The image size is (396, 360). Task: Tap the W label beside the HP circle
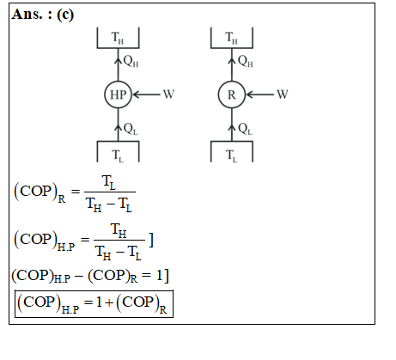pyautogui.click(x=168, y=95)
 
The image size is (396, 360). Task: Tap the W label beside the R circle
pyautogui.click(x=283, y=95)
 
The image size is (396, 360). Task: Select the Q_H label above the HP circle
pyautogui.click(x=131, y=61)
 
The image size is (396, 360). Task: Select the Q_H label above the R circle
pyautogui.click(x=246, y=61)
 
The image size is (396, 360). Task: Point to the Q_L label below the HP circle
pyautogui.click(x=131, y=129)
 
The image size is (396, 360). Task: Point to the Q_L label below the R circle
pyautogui.click(x=246, y=129)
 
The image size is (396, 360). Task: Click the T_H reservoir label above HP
pyautogui.click(x=118, y=38)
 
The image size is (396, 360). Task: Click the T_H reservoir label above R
pyautogui.click(x=231, y=38)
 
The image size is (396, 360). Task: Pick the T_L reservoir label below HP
pyautogui.click(x=118, y=156)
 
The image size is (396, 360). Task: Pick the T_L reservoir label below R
pyautogui.click(x=231, y=156)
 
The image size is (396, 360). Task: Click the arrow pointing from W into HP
pyautogui.click(x=146, y=95)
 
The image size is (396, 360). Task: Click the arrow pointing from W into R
pyautogui.click(x=259, y=95)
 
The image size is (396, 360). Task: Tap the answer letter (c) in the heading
pyautogui.click(x=65, y=15)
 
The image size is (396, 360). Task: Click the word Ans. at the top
pyautogui.click(x=27, y=15)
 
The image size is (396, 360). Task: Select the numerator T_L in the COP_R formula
pyautogui.click(x=108, y=183)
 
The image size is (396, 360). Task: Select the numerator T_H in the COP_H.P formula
pyautogui.click(x=119, y=231)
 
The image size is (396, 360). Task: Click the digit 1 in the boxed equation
pyautogui.click(x=99, y=302)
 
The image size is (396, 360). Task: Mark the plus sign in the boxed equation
pyautogui.click(x=109, y=302)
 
